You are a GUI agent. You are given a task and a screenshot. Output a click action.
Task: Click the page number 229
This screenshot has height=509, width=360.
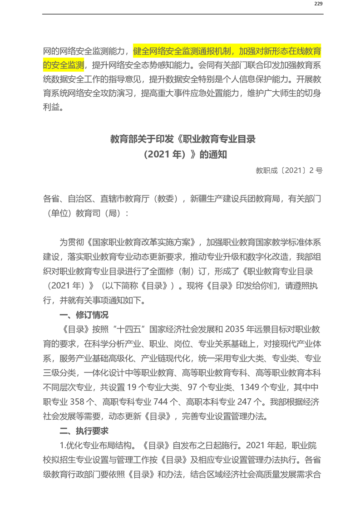pos(318,4)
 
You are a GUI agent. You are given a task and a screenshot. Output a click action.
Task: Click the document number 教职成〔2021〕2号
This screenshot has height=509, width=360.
pos(289,171)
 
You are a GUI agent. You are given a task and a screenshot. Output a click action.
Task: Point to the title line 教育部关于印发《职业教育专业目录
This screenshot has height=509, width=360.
pos(183,139)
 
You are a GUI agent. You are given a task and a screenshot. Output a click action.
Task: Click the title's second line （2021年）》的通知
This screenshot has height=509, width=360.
pos(183,155)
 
